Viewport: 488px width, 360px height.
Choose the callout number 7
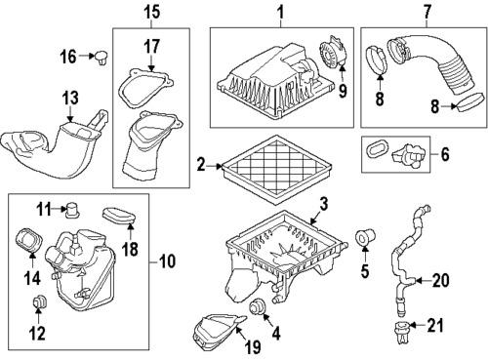(x=426, y=13)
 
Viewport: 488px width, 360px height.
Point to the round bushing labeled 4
(x=261, y=309)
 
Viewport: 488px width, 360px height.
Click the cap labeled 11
(x=71, y=208)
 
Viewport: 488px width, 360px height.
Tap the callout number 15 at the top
(x=150, y=13)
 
